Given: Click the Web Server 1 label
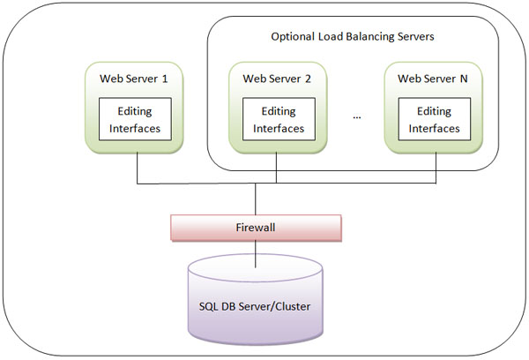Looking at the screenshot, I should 134,79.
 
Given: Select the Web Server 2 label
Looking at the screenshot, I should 277,79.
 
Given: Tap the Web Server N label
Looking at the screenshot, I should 433,79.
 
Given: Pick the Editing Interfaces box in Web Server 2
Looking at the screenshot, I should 278,119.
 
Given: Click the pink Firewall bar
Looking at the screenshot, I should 255,227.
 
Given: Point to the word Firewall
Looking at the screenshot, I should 255,227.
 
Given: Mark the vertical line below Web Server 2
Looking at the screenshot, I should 278,167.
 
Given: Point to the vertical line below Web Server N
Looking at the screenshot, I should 436,167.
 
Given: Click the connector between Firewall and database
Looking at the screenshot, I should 255,251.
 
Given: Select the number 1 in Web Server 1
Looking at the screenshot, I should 165,79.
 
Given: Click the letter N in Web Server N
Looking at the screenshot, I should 464,79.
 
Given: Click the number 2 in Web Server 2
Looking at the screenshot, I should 308,79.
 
